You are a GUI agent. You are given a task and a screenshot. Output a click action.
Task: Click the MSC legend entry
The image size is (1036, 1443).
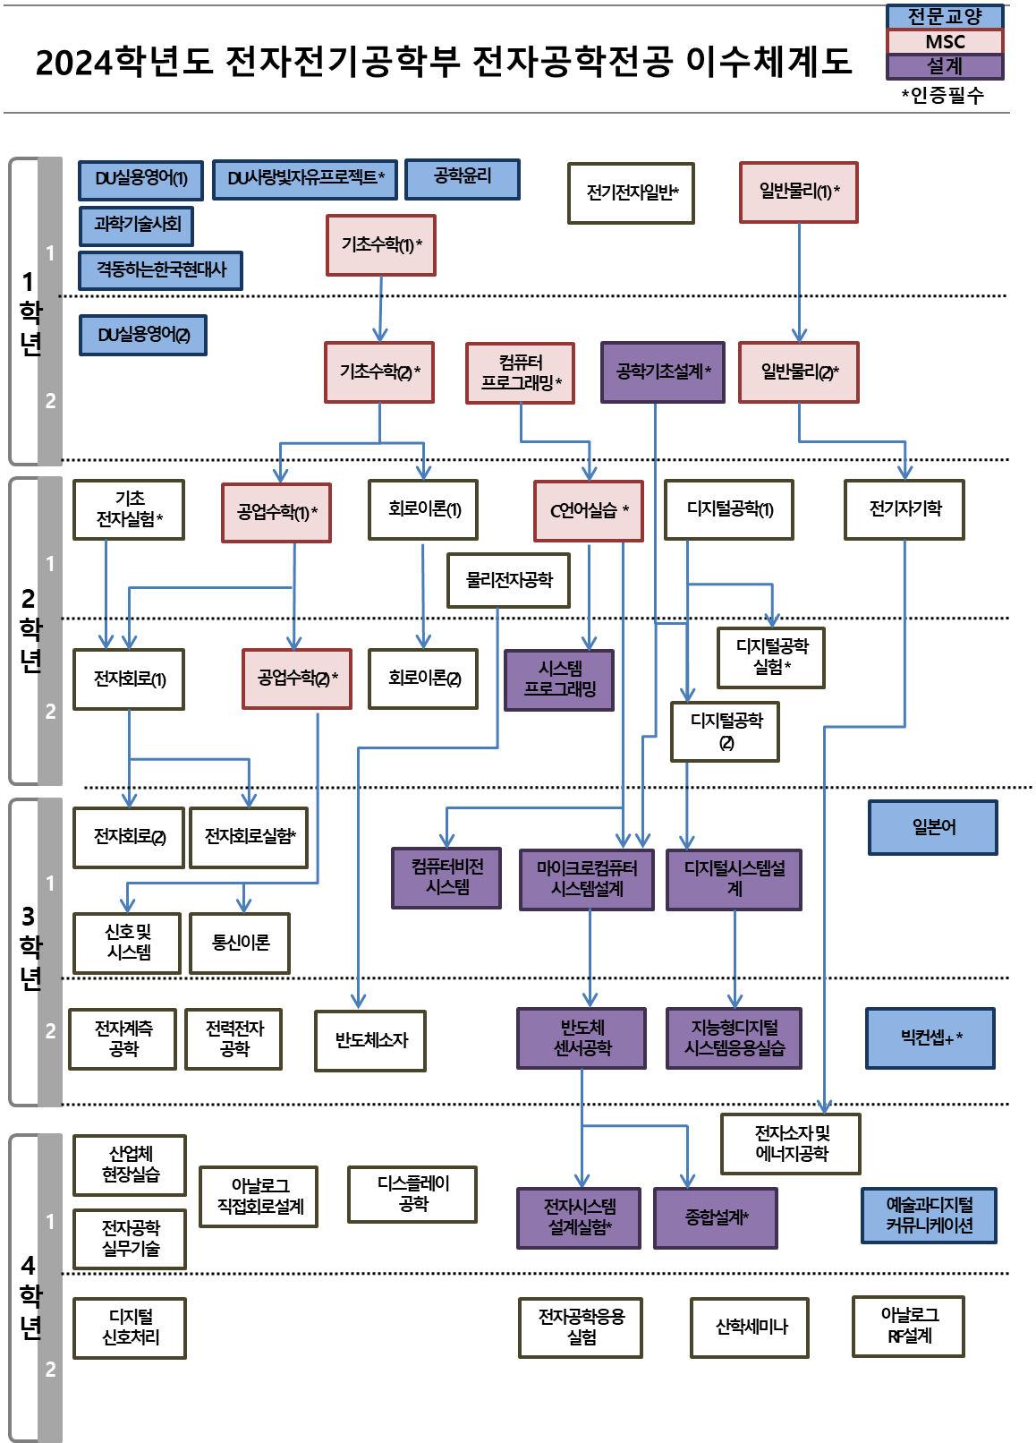click(x=945, y=41)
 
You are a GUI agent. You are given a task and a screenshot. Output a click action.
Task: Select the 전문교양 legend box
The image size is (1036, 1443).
click(x=945, y=16)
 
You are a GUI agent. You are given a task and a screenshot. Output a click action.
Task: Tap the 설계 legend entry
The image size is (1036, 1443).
click(x=945, y=66)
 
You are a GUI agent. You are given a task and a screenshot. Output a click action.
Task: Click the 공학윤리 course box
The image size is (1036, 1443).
click(x=462, y=178)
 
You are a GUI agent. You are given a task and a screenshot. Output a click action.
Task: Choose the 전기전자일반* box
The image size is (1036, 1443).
click(x=631, y=192)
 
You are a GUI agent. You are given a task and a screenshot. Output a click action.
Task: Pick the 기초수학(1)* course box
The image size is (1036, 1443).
click(x=381, y=244)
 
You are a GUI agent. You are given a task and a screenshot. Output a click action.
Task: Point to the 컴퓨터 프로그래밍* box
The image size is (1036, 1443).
click(x=520, y=372)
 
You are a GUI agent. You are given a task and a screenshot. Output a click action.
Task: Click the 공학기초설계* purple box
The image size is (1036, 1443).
click(x=662, y=371)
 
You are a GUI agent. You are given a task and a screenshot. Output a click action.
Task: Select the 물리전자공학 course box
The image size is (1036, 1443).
click(x=508, y=580)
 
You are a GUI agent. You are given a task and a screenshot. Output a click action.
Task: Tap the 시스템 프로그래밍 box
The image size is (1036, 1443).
click(x=559, y=679)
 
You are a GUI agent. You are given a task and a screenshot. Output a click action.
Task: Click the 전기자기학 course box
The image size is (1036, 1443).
click(x=904, y=509)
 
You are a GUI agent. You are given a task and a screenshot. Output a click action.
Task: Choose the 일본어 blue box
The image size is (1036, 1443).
click(x=932, y=827)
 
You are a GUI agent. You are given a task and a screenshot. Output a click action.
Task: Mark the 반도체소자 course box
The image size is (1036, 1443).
click(x=370, y=1040)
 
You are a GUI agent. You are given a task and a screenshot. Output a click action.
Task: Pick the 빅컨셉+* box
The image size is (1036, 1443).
click(x=930, y=1038)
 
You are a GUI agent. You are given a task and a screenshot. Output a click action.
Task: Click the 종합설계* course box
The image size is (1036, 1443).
click(x=715, y=1217)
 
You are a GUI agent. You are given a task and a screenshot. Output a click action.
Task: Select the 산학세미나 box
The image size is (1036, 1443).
click(x=750, y=1328)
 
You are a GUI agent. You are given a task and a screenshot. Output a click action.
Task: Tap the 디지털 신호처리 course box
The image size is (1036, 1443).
click(x=130, y=1328)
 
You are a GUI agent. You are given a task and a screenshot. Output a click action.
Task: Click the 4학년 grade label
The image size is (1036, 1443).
click(x=30, y=1294)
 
